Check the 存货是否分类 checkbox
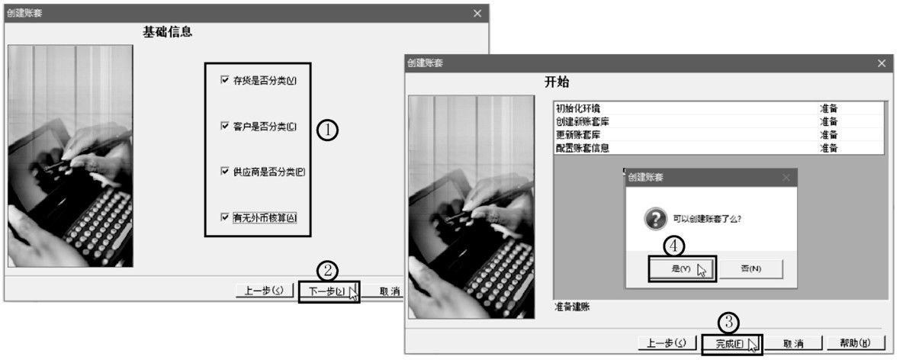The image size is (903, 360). [x=224, y=80]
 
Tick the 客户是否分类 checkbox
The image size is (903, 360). [x=224, y=126]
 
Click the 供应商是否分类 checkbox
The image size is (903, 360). [x=224, y=172]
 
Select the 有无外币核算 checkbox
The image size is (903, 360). [x=224, y=217]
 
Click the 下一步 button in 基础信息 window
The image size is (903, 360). [x=327, y=291]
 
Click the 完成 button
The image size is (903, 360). [x=730, y=343]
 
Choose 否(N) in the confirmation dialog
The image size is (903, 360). [x=751, y=268]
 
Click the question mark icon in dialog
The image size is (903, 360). [x=654, y=220]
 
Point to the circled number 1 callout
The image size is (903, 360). [x=327, y=130]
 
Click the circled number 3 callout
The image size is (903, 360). [x=731, y=322]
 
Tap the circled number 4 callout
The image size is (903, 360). [x=673, y=246]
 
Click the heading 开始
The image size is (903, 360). [x=556, y=82]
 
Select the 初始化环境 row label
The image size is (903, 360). [x=583, y=108]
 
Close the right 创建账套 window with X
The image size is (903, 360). [x=882, y=63]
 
